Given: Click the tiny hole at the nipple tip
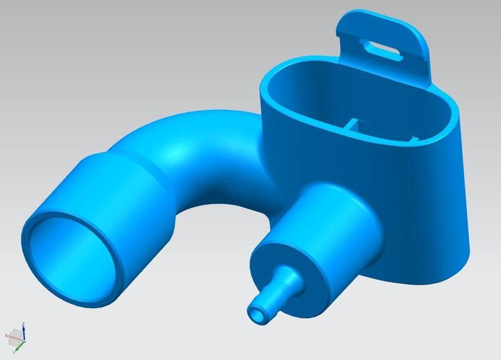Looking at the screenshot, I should click(x=257, y=314).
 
